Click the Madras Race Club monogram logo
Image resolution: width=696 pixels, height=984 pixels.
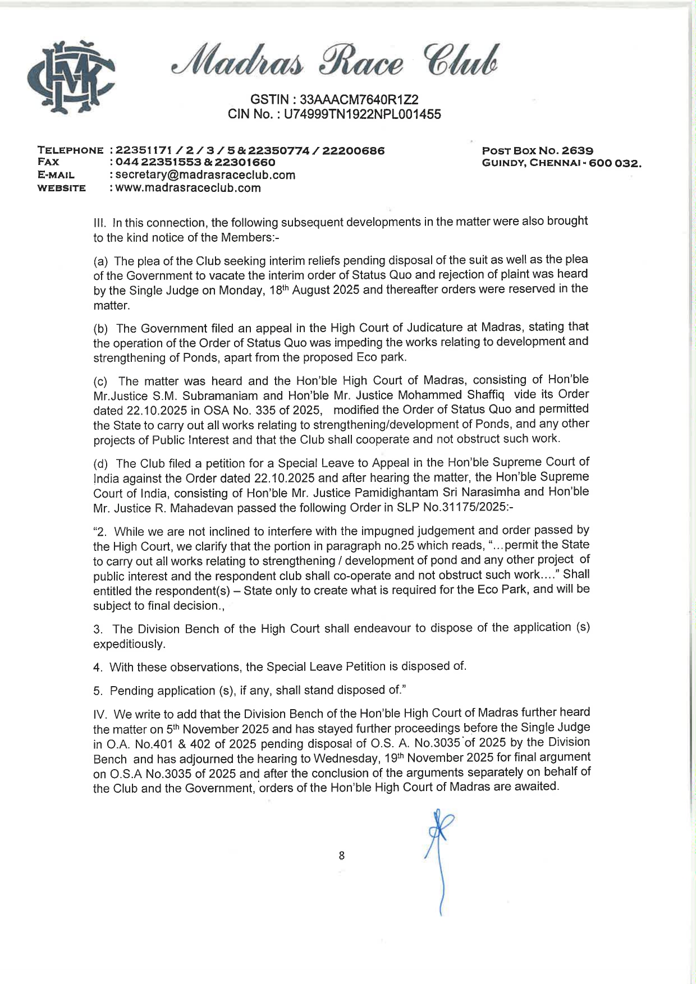point(71,77)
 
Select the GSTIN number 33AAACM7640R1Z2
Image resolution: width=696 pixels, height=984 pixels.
point(359,100)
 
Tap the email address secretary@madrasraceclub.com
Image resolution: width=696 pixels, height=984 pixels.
point(205,175)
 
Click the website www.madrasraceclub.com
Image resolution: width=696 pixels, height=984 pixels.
point(188,188)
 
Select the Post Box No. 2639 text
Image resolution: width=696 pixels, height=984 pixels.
point(537,150)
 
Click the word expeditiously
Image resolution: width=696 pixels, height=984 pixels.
point(130,644)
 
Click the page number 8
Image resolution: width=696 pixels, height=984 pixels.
point(341,856)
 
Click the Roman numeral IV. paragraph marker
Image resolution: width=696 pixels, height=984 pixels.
point(101,715)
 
